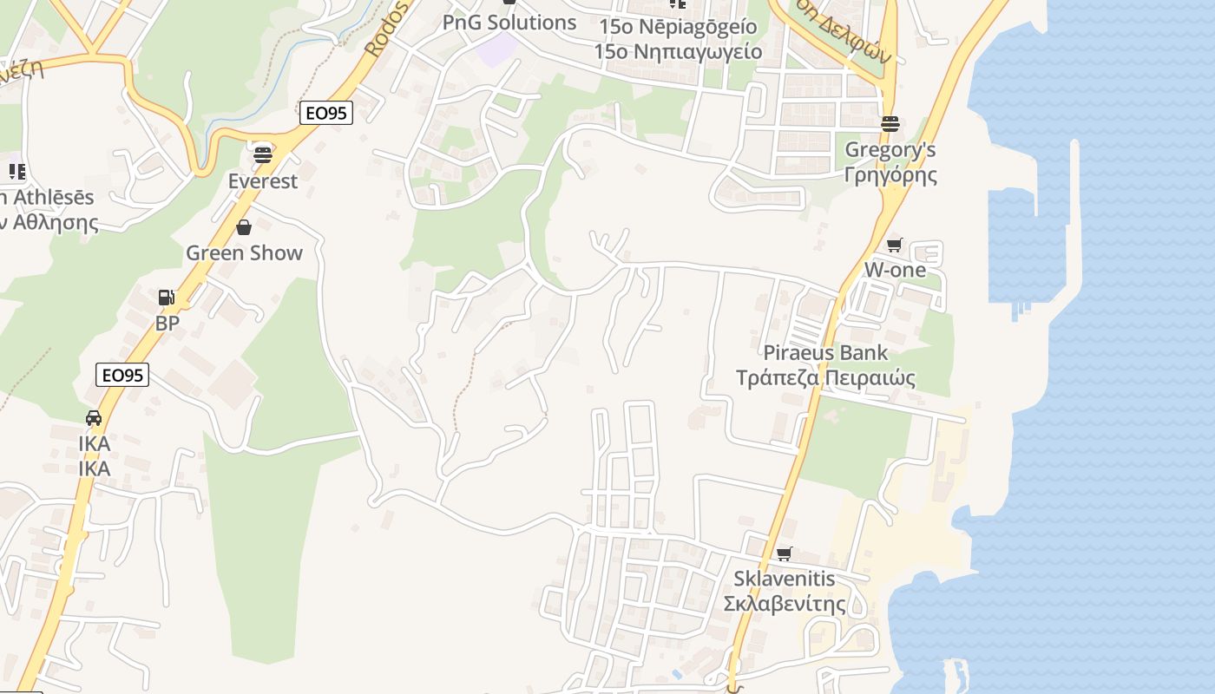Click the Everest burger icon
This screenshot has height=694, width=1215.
(x=263, y=155)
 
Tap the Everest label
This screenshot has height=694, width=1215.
(x=263, y=181)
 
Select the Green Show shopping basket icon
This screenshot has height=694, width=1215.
(x=244, y=227)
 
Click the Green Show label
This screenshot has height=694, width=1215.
(x=244, y=253)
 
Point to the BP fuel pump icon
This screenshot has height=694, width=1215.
(x=166, y=298)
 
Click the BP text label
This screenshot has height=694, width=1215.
(x=167, y=324)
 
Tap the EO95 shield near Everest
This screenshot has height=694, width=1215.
(x=326, y=113)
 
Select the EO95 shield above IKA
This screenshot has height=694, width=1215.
(x=122, y=375)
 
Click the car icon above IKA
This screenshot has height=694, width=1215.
(x=94, y=418)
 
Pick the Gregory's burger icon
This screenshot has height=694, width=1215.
(x=890, y=123)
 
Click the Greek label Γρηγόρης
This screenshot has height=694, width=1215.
(x=890, y=175)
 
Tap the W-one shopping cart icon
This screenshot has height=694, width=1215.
(x=895, y=245)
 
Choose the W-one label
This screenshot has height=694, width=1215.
(x=894, y=270)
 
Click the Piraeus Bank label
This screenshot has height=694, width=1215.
(x=825, y=353)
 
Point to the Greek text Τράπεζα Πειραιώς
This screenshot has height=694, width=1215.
(x=825, y=378)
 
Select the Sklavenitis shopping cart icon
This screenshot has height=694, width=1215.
(x=785, y=553)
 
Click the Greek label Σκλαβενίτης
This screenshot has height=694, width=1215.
(x=785, y=604)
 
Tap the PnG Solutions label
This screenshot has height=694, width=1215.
(x=509, y=23)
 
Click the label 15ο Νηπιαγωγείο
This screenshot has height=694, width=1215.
(x=678, y=52)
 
